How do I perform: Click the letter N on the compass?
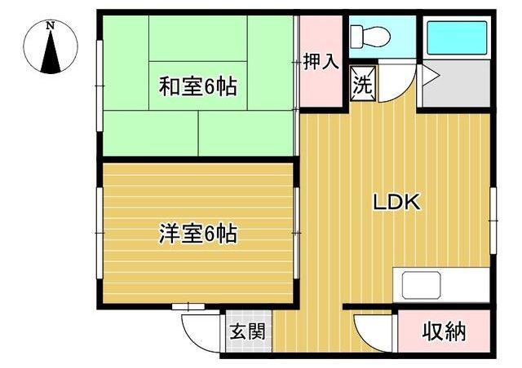[51, 25]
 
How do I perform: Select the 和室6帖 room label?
[197, 86]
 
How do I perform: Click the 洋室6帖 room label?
[197, 234]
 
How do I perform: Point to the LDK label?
[396, 202]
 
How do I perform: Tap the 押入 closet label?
[321, 61]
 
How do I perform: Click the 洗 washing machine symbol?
[362, 83]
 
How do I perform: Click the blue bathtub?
[457, 38]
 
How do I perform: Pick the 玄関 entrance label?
[248, 331]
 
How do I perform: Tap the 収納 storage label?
[444, 331]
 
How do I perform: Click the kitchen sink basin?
[421, 285]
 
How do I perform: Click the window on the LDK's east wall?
[493, 221]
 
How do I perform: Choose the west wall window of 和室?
[100, 85]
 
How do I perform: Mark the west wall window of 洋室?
[100, 233]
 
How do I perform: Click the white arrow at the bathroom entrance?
[431, 77]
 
